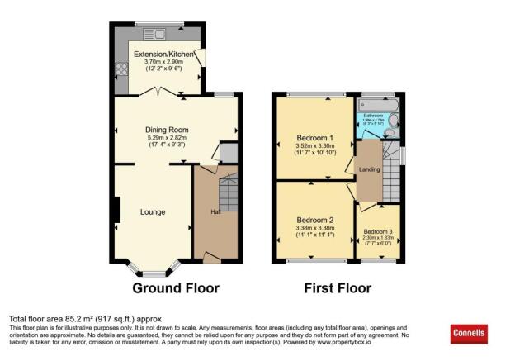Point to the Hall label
[215, 211]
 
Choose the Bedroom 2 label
[314, 220]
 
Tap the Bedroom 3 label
[379, 230]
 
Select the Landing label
[368, 170]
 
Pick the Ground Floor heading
[176, 288]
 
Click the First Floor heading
[338, 288]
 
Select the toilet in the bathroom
[393, 124]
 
